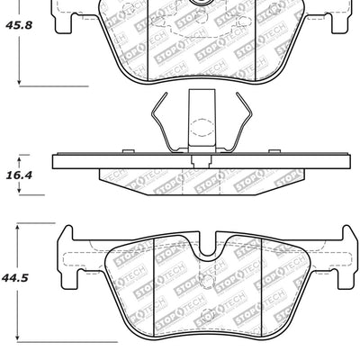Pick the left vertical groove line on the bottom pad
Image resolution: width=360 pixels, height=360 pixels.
coord(157,288)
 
